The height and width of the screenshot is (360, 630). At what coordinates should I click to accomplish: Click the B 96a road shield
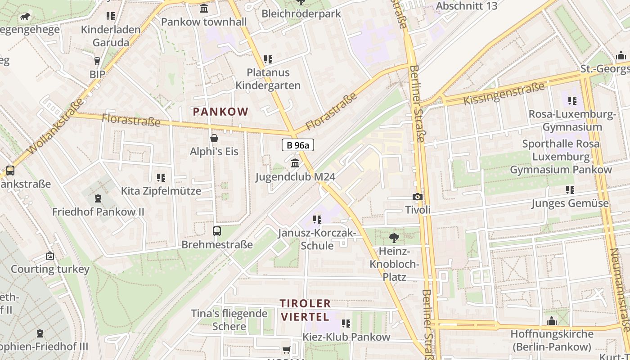[x=297, y=145]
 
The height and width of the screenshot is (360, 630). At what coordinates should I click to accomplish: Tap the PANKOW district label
[x=220, y=112]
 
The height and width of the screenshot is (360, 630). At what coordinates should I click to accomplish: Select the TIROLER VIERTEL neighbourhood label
[x=306, y=310]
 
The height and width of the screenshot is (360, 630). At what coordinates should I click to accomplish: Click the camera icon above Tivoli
[x=417, y=197]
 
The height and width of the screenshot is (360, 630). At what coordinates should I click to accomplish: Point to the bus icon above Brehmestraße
[x=217, y=231]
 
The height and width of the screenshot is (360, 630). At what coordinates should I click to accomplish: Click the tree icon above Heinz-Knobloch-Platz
[x=394, y=238]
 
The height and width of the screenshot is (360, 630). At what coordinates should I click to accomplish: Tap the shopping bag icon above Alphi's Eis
[x=214, y=138]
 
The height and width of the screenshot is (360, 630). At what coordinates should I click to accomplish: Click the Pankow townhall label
[x=204, y=22]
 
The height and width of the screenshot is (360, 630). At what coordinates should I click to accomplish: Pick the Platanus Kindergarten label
[x=268, y=79]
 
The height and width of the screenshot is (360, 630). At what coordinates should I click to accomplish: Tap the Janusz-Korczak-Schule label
[x=317, y=239]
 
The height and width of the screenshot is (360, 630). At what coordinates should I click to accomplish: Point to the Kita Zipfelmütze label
[x=161, y=191]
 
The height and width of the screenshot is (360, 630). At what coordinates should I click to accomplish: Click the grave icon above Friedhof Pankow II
[x=98, y=198]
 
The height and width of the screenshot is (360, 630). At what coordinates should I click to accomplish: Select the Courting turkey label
[x=50, y=269]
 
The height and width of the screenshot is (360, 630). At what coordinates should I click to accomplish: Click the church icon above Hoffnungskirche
[x=552, y=321]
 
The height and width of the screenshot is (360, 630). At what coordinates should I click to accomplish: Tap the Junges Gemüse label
[x=570, y=203]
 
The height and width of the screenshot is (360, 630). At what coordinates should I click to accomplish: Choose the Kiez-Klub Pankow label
[x=346, y=337]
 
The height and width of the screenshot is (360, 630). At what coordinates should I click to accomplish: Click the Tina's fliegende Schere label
[x=229, y=319]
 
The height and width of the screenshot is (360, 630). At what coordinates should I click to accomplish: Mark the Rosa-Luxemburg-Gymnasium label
[x=572, y=120]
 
